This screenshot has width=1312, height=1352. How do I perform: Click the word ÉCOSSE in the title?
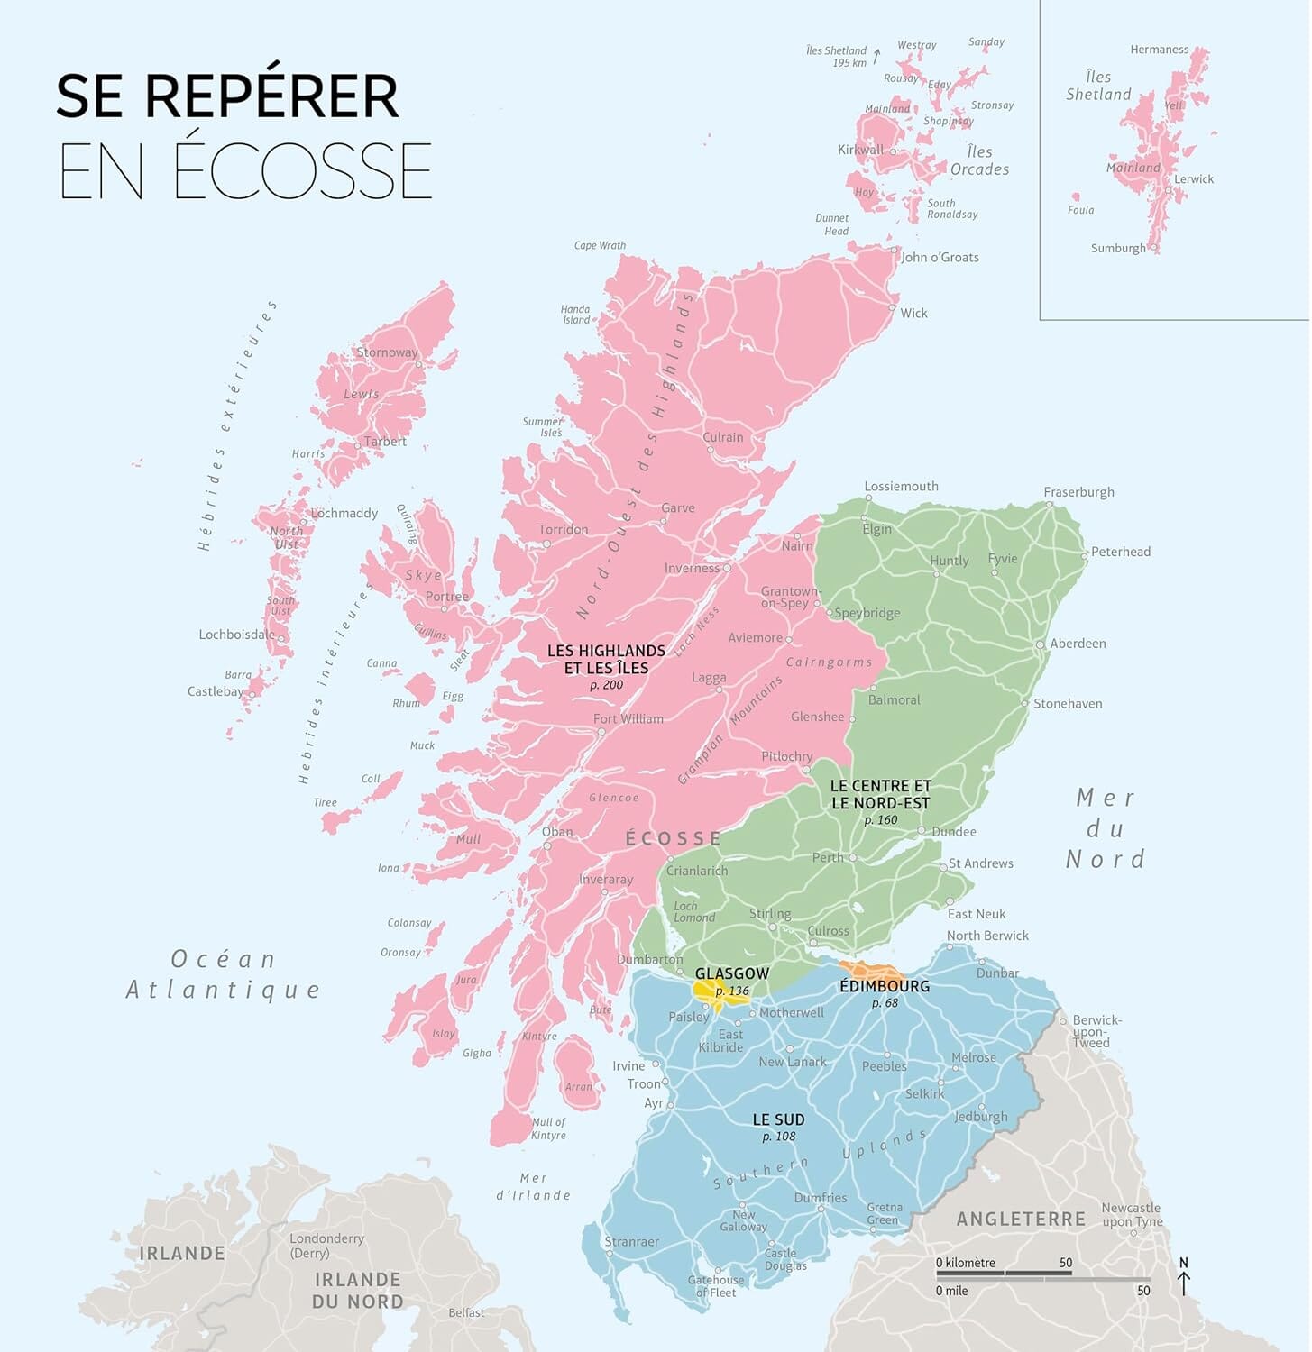pos(302,171)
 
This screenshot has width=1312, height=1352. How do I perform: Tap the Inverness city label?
pos(692,568)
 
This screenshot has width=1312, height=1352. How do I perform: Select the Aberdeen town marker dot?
pos(1040,644)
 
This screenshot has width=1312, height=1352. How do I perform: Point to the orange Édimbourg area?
pos(876,972)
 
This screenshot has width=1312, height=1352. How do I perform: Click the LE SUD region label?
pos(778,1119)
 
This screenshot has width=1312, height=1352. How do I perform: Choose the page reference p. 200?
pos(606,685)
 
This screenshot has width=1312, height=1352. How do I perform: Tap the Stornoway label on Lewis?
pos(387,352)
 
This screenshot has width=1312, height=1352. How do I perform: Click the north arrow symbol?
pos(1184,1278)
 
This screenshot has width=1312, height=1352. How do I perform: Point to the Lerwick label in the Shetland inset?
pos(1193,179)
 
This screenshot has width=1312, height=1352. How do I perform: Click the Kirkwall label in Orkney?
pos(860,150)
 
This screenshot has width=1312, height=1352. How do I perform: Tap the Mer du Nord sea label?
pos(1105,828)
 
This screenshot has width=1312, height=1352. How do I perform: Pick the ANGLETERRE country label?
pos(1021,1219)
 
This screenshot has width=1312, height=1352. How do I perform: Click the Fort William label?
pos(628,718)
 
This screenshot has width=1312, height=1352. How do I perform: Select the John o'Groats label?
pos(940,257)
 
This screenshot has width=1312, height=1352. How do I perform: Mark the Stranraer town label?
pos(631,1241)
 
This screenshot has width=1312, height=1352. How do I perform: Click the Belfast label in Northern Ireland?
pos(466,1312)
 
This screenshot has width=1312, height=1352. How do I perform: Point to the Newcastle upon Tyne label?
pos(1131,1214)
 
